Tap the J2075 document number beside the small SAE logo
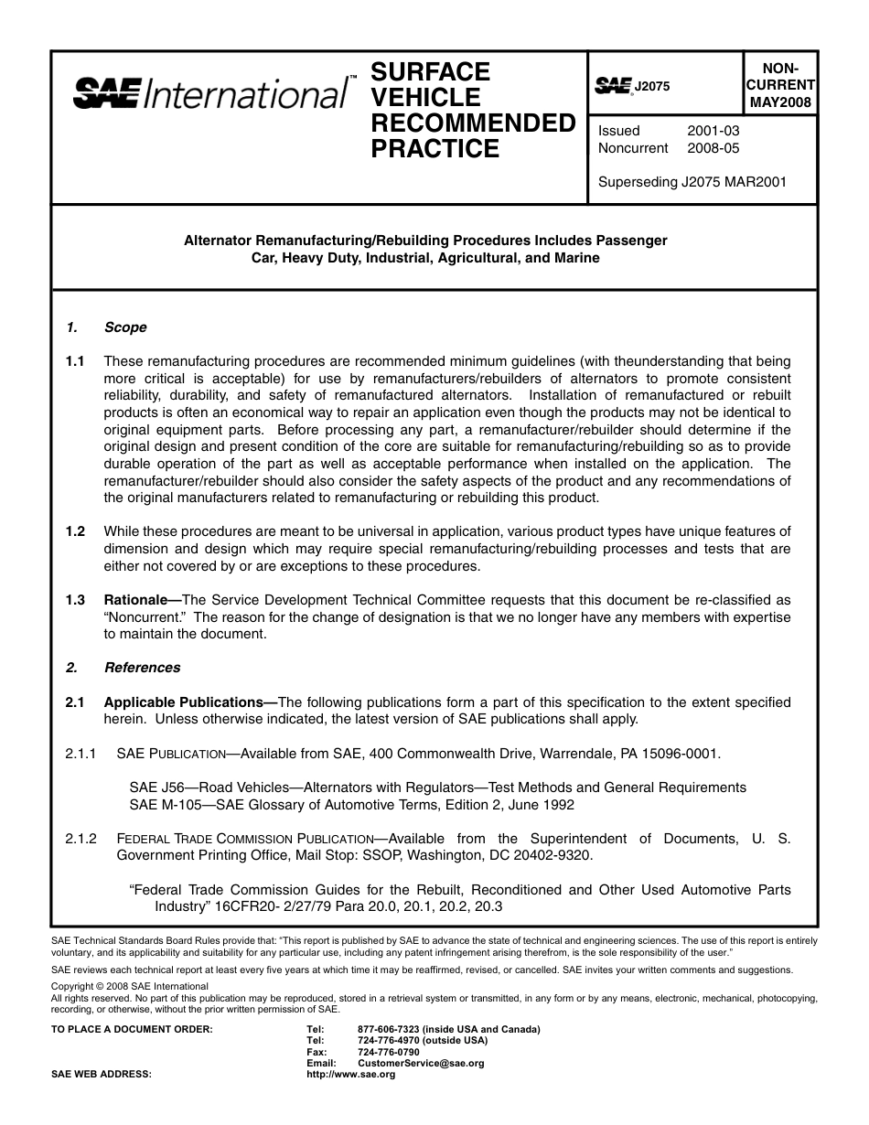[x=652, y=86]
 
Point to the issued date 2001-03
[x=713, y=131]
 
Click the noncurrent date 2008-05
[x=713, y=148]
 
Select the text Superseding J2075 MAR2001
[x=692, y=181]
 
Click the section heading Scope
[x=125, y=327]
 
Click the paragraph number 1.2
[x=75, y=531]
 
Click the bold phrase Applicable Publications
[x=188, y=702]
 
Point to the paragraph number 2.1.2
[x=81, y=839]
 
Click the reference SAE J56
[x=156, y=787]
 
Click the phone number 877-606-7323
[x=390, y=1029]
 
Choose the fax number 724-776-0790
[x=389, y=1052]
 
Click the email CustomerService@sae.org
[x=421, y=1063]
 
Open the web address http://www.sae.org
[x=350, y=1075]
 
